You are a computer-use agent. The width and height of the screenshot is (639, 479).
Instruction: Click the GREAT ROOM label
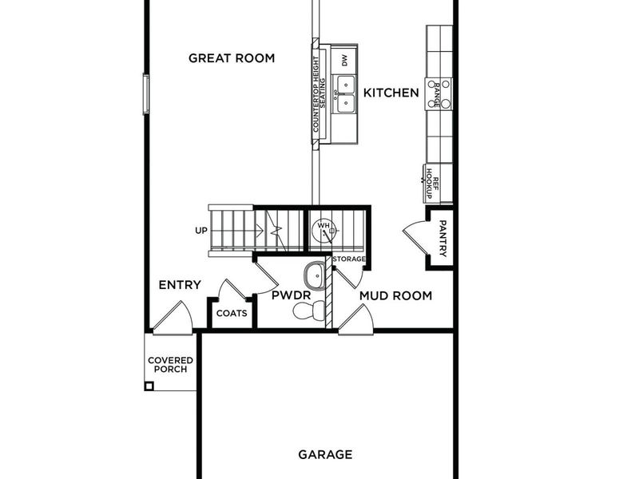point(231,58)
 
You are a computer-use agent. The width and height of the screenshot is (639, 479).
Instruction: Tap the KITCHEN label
point(391,93)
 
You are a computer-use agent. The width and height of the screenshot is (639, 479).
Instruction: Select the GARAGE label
point(325,455)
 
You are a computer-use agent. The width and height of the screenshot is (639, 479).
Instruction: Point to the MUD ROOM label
point(395,296)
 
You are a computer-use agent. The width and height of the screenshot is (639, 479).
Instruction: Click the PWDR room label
point(285,296)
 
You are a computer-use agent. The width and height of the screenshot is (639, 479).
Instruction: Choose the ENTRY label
point(179,286)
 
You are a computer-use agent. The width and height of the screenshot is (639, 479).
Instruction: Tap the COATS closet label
point(232,313)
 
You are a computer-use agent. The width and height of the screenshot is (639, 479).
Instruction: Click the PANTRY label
point(443,238)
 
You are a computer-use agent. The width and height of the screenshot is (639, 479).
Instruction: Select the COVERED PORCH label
point(170,366)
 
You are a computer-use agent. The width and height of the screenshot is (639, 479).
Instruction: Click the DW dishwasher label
point(345,60)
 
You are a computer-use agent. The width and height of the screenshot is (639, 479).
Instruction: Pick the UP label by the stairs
point(201,231)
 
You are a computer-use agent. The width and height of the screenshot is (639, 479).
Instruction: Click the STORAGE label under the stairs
point(349,259)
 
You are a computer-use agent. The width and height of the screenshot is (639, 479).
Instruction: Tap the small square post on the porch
point(149,386)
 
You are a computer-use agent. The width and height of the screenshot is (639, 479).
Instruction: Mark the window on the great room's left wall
point(146,93)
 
